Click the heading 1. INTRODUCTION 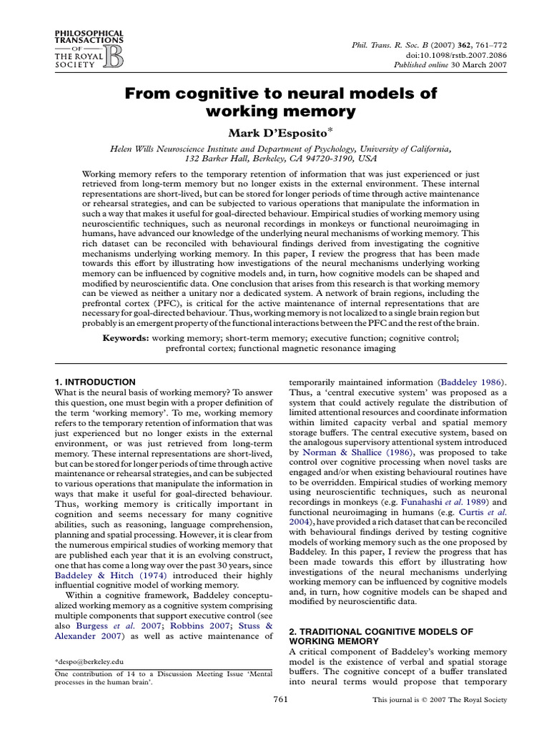95,382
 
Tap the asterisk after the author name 331,129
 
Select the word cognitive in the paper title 206,94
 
